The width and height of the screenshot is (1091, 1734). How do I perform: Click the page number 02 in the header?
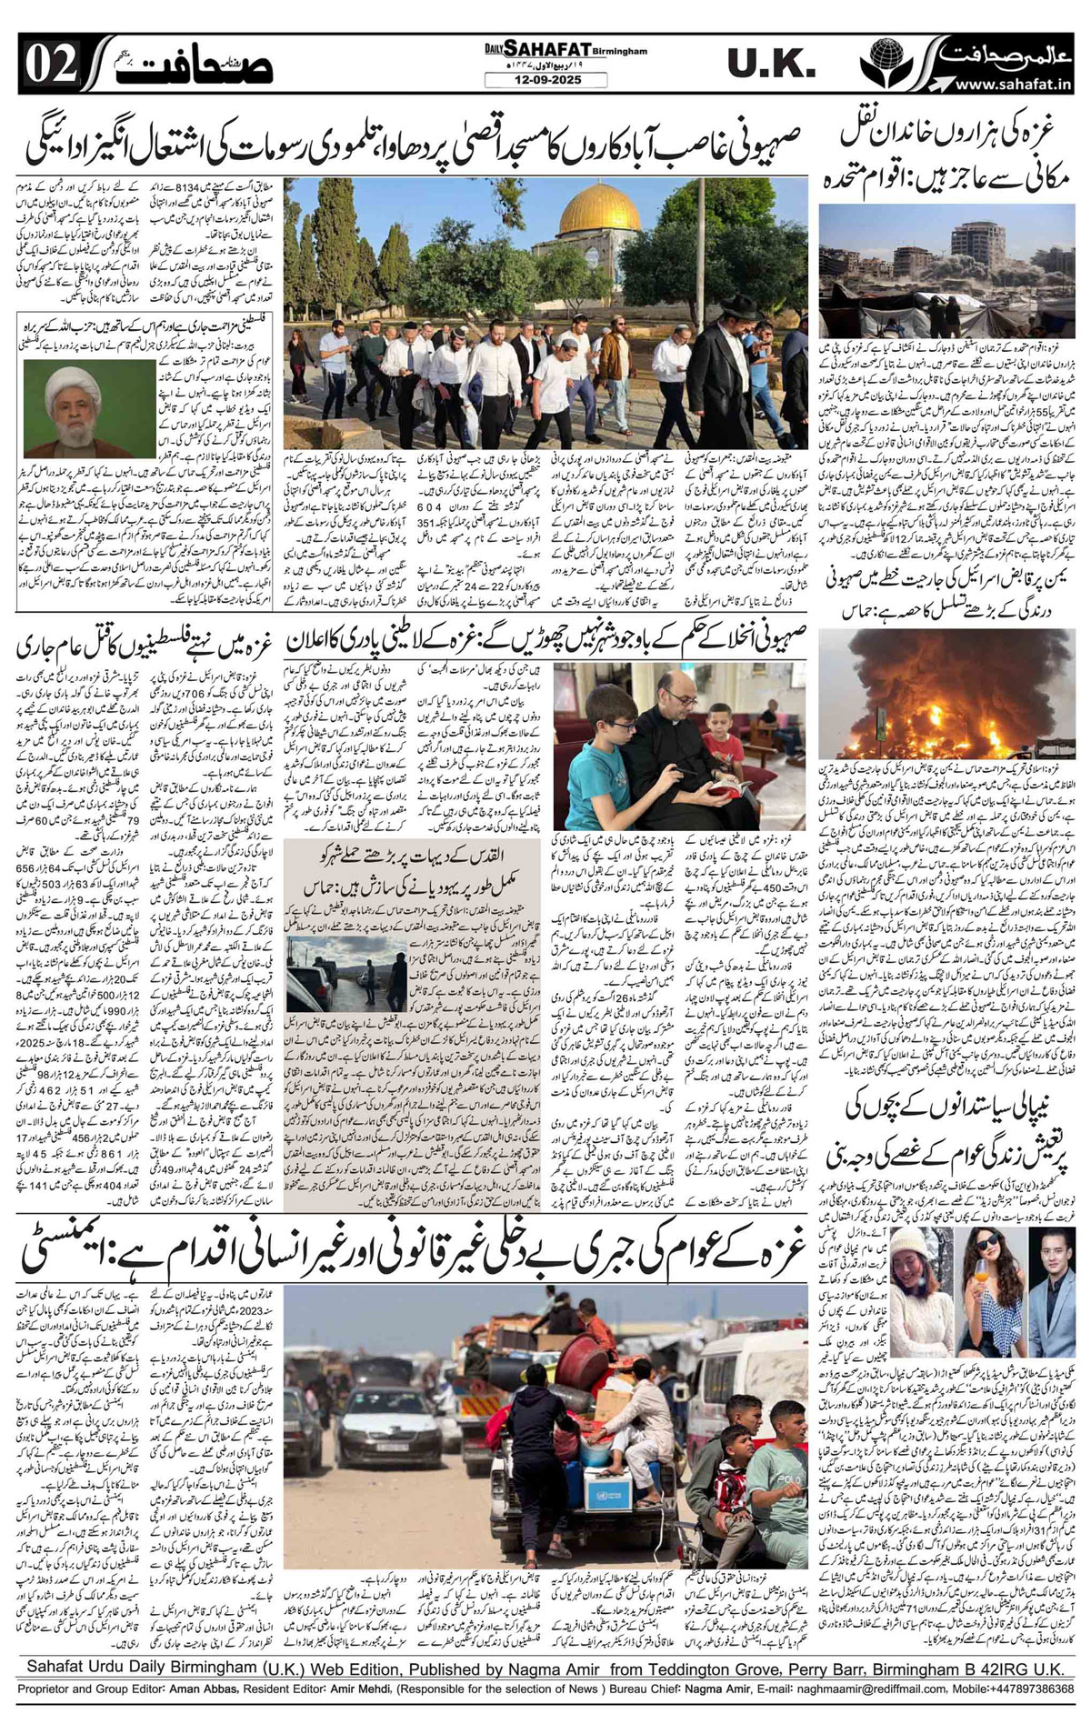click(42, 64)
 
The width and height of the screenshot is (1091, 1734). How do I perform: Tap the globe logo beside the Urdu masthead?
click(896, 62)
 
